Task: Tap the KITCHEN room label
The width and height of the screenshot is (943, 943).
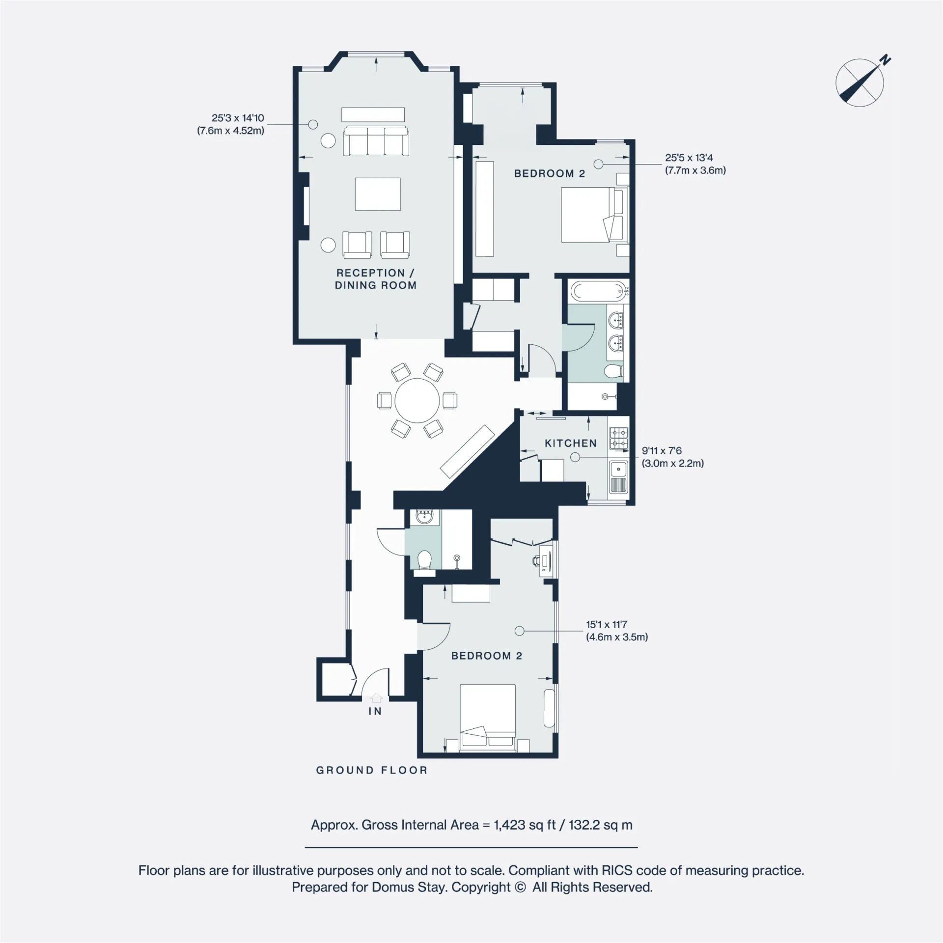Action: [571, 444]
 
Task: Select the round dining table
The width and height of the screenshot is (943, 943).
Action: [417, 400]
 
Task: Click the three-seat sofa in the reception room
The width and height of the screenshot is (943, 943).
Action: [376, 141]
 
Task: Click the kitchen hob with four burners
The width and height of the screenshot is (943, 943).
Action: [619, 439]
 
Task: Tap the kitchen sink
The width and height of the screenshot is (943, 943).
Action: [618, 477]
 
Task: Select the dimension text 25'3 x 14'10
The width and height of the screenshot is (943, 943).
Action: [238, 118]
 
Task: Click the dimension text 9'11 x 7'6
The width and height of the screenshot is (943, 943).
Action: [662, 451]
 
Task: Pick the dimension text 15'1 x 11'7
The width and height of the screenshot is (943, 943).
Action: [607, 625]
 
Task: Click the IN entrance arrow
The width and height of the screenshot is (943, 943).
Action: [376, 697]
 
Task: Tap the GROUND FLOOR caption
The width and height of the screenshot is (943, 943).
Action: [372, 771]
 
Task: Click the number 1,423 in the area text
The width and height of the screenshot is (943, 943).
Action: [510, 825]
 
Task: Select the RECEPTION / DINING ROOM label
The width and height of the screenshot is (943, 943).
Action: [376, 279]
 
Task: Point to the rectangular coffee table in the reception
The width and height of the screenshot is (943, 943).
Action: [378, 194]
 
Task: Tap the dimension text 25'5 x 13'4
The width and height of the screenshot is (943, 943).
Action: [689, 158]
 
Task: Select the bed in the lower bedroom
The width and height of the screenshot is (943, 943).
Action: [488, 718]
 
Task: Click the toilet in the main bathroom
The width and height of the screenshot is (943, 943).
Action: [614, 371]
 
